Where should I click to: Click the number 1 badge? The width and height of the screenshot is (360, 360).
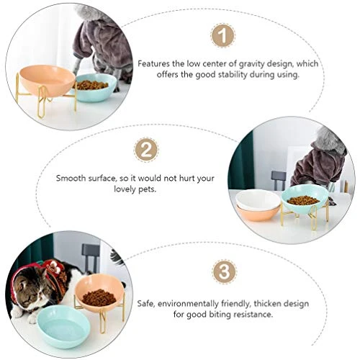223,35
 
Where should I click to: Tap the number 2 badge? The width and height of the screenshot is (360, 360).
146,150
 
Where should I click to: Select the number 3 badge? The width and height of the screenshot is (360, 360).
225,271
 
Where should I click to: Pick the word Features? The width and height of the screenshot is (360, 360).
153,64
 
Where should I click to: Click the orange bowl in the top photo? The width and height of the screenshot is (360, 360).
47,79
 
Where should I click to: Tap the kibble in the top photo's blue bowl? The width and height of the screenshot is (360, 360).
92,85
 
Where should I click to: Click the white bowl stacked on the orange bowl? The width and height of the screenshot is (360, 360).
258,200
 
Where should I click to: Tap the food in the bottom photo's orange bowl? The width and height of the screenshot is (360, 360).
99,298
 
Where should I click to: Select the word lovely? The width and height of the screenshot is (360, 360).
125,189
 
